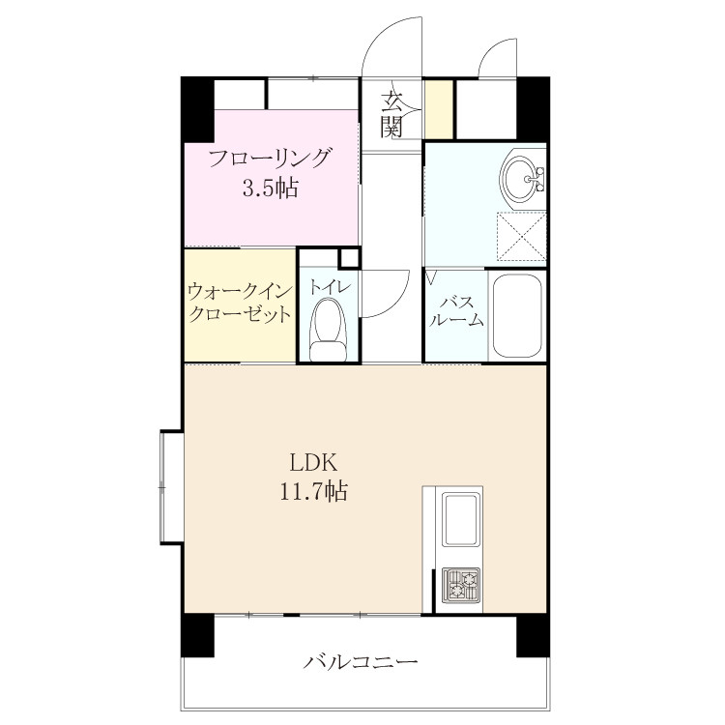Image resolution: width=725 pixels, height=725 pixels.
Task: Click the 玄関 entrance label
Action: (391, 116)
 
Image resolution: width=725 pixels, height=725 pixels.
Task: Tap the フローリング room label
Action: (270, 159)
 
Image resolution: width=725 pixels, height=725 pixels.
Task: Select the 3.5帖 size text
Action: (271, 188)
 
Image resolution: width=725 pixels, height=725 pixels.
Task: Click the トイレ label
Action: (330, 287)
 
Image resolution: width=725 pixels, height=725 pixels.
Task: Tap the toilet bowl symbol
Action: (329, 330)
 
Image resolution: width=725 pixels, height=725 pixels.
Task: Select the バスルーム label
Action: (455, 311)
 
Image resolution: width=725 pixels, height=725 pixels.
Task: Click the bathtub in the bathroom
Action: (517, 315)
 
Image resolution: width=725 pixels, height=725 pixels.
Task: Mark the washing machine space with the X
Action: (522, 236)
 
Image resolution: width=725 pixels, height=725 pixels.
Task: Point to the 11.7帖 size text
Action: (313, 490)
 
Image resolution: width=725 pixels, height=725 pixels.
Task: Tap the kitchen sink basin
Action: (459, 519)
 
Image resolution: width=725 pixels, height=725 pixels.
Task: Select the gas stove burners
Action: (460, 586)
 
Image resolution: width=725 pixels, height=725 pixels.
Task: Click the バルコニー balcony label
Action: (361, 661)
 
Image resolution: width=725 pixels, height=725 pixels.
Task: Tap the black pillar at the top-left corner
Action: (198, 109)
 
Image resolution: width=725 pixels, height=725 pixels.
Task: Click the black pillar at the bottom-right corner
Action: (533, 636)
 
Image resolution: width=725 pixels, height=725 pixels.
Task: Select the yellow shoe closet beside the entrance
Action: (439, 109)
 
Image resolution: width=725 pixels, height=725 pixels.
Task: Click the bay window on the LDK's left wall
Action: (171, 487)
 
